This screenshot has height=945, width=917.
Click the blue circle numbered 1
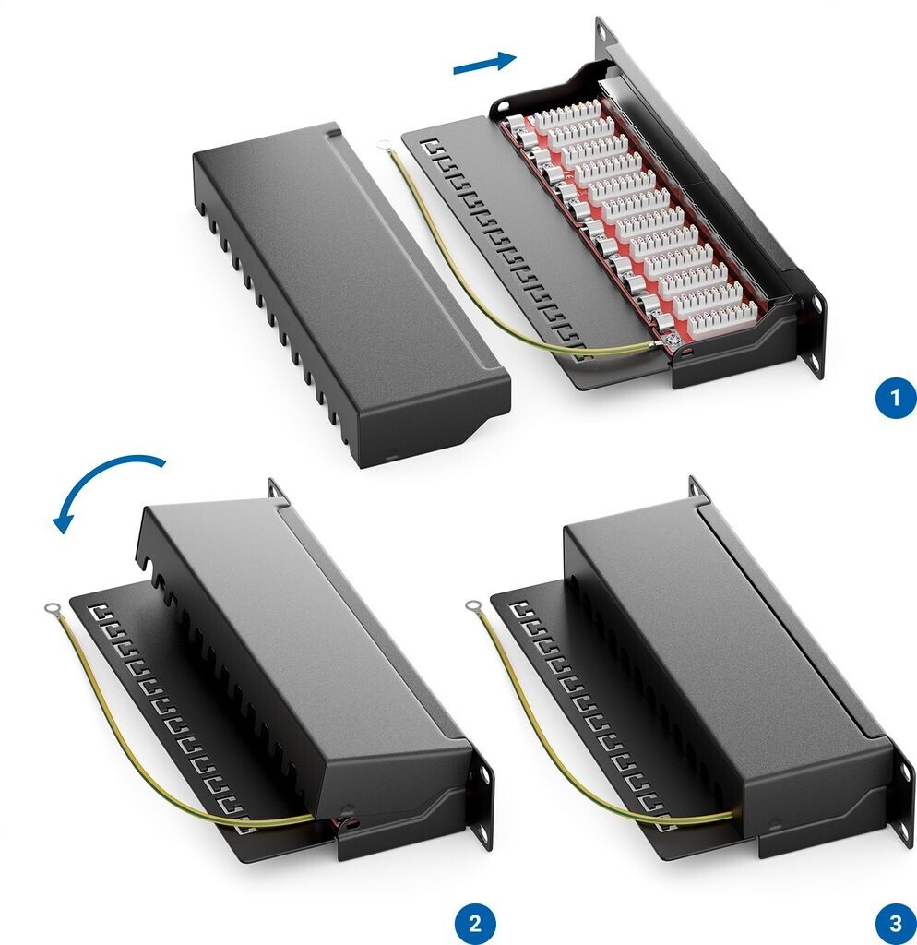click(x=895, y=397)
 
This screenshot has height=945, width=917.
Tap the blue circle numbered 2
click(x=475, y=923)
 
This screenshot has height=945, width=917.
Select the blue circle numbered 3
click(x=895, y=923)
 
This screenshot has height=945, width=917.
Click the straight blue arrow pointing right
click(x=484, y=63)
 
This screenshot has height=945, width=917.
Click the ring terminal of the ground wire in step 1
click(x=383, y=145)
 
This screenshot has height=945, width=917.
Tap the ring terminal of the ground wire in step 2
click(x=52, y=609)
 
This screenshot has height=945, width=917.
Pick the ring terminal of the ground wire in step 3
click(x=473, y=604)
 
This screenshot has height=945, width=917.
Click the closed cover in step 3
click(x=729, y=669)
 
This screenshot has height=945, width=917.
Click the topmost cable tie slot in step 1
click(x=430, y=146)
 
